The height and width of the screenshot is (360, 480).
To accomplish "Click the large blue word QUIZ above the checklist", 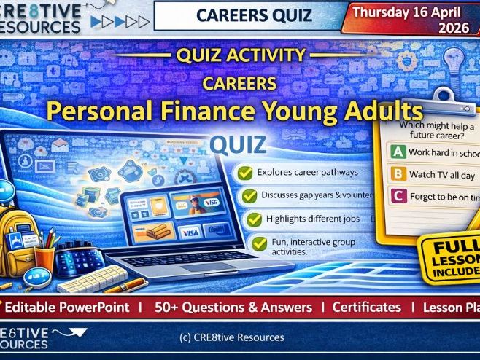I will tap(237, 144).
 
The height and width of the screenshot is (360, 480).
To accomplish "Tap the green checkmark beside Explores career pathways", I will tap(247, 173).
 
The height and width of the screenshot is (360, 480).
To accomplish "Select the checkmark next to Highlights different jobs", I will tap(253, 219).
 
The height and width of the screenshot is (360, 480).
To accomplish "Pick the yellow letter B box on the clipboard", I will tap(398, 174).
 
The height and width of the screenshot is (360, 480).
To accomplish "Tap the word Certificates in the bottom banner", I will tap(366, 308).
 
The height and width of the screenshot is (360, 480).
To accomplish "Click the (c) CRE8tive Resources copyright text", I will tap(231, 337).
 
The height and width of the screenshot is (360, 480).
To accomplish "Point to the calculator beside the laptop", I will tap(80, 259).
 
